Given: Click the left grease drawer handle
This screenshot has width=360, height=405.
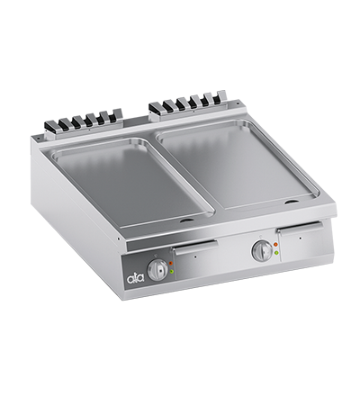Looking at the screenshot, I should click(x=197, y=249).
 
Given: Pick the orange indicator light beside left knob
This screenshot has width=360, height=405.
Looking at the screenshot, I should click(x=171, y=262).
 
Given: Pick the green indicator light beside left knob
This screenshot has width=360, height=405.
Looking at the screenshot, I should click(x=173, y=271).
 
